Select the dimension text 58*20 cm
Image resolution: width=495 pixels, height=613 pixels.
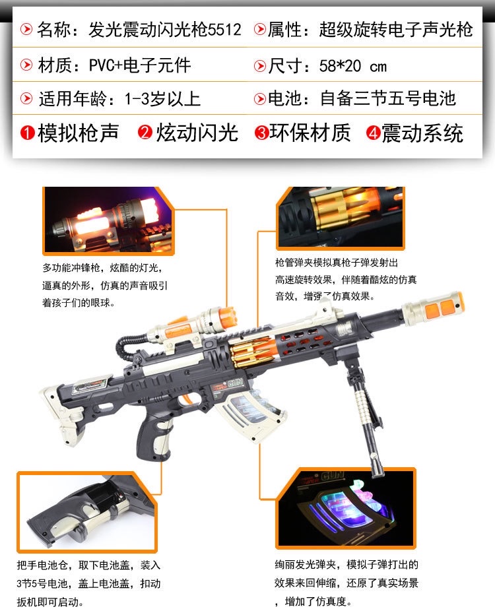tap(352, 66)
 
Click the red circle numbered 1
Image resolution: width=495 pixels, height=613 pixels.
tap(27, 133)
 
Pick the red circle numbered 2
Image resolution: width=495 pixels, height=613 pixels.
tap(145, 132)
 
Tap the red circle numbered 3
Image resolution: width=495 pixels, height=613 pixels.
tap(261, 133)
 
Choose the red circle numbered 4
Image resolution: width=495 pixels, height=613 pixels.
tap(374, 133)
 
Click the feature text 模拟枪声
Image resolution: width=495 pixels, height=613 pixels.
tap(78, 133)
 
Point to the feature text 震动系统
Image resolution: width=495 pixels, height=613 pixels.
tap(422, 133)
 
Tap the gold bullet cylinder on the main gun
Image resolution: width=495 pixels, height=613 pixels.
tap(253, 352)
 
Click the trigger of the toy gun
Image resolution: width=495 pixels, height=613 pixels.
tap(187, 400)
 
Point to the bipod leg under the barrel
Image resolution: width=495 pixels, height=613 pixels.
tap(363, 414)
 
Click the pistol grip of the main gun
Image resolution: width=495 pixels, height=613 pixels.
tap(154, 438)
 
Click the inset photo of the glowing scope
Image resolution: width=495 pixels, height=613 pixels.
tap(108, 221)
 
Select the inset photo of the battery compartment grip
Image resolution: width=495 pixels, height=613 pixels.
tap(87, 512)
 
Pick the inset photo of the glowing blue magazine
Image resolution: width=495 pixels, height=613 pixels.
tap(346, 508)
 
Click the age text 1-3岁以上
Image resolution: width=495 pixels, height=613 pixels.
tap(162, 99)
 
